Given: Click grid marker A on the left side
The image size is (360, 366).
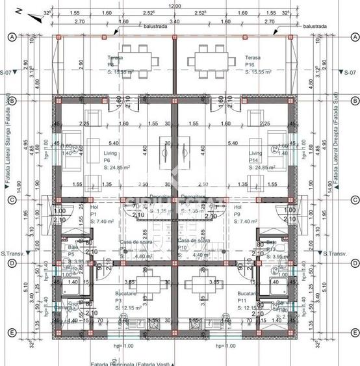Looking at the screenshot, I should point(11,38).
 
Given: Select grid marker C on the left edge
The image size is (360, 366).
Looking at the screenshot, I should point(11,200).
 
